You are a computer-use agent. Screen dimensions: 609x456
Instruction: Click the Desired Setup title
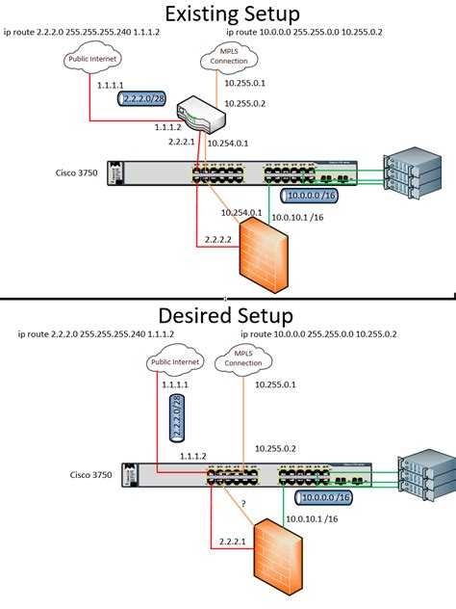point(228,315)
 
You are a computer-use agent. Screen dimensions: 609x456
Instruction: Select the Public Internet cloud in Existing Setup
point(92,60)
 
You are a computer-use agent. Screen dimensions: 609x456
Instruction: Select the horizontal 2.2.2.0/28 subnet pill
point(139,98)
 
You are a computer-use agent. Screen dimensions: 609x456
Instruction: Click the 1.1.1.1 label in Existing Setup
point(111,85)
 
